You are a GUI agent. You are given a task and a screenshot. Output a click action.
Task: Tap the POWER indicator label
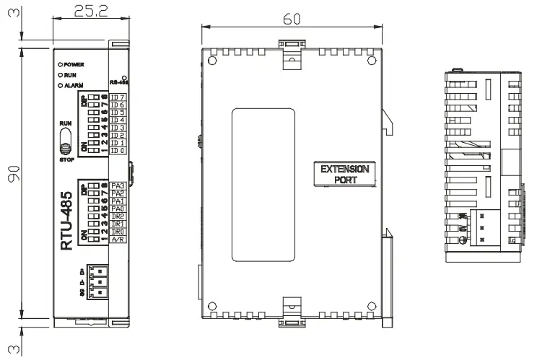point(74,64)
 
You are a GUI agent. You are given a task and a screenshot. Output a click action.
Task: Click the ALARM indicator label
point(74,84)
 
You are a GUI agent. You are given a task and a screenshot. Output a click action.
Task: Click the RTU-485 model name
point(66,220)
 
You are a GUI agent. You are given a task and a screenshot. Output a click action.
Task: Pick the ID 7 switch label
point(118,97)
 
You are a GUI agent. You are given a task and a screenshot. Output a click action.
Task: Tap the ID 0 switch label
point(118,150)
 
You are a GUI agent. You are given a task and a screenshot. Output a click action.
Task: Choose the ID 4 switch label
point(118,120)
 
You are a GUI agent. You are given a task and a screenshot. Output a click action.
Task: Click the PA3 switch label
point(118,185)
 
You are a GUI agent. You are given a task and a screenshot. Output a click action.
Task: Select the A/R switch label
point(118,239)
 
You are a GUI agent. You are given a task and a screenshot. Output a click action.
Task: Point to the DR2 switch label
point(118,216)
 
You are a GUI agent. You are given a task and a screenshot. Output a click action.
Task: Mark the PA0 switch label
point(118,208)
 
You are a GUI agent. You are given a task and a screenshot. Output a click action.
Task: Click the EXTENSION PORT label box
point(344,175)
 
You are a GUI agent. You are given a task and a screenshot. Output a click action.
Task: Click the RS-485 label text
point(118,82)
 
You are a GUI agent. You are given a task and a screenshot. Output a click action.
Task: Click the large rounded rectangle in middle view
point(262,185)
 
